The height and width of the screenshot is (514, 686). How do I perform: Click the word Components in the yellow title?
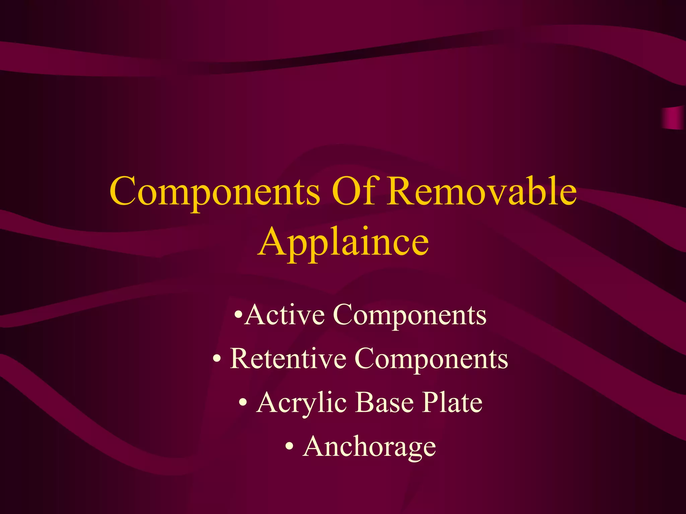coord(214,192)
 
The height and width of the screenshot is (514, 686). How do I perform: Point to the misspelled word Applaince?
coord(343,242)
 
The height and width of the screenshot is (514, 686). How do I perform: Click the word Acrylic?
coord(301,403)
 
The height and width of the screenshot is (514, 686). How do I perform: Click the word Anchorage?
coord(369,447)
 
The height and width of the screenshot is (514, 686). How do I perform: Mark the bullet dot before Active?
coord(238,315)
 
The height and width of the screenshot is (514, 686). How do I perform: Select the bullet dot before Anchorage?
coord(290,447)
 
